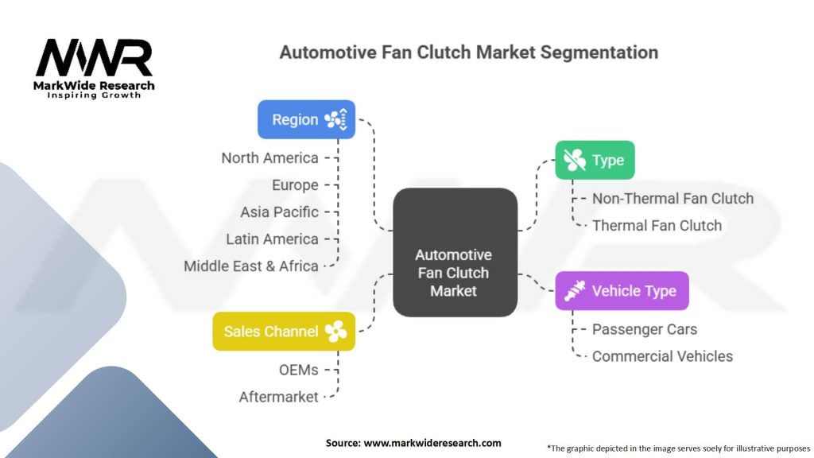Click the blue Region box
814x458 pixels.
[306, 119]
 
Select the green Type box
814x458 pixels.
[594, 160]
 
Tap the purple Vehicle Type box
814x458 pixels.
[622, 291]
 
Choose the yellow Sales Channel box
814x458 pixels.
[283, 332]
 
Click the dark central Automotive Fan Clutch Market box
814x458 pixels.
[454, 272]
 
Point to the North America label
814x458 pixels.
[269, 157]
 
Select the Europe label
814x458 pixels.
[295, 184]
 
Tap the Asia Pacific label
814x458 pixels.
[279, 212]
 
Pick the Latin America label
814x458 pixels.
[272, 239]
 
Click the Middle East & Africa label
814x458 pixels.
[251, 266]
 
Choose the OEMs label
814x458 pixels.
[298, 369]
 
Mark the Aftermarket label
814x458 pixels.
[278, 396]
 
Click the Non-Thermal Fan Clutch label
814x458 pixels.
[673, 198]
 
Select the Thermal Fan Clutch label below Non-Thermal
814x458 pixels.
[657, 225]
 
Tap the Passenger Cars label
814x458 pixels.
[644, 329]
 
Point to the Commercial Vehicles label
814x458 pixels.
[662, 356]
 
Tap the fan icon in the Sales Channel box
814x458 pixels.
[335, 332]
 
